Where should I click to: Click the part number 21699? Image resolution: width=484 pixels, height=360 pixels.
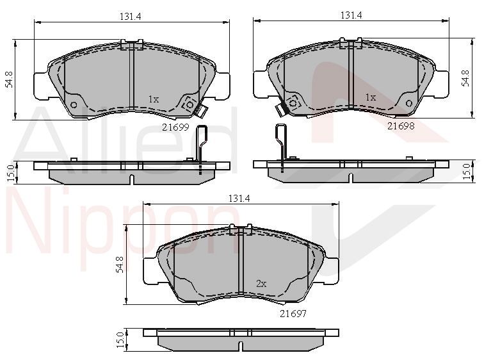point(175,127)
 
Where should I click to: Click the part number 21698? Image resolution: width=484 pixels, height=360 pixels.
point(401,126)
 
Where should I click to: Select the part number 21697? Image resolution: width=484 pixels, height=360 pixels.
point(293,313)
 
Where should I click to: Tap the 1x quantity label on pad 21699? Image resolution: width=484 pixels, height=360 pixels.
point(154,99)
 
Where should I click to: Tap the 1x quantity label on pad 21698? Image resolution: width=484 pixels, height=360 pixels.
point(371,97)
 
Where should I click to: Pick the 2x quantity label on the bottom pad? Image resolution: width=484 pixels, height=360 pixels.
point(261,283)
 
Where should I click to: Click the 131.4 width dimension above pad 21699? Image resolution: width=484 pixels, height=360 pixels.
point(130,17)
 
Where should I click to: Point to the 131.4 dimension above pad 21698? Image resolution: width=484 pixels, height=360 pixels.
point(351,15)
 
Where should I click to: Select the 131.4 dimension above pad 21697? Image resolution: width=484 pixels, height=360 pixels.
point(239,199)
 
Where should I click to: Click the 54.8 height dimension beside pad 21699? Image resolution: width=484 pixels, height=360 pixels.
point(9,79)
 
